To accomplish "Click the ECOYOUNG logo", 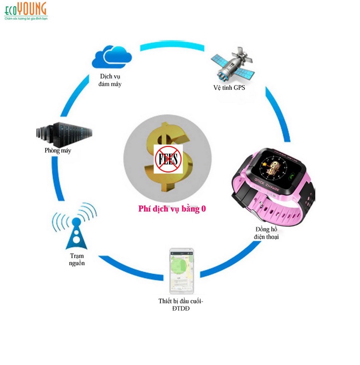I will coord(26,9).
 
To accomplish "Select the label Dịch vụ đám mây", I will coord(110,80).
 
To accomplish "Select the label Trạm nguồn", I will coord(76,259).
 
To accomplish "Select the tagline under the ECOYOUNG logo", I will coord(26,19).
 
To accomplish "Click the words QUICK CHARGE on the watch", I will coord(262,188).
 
